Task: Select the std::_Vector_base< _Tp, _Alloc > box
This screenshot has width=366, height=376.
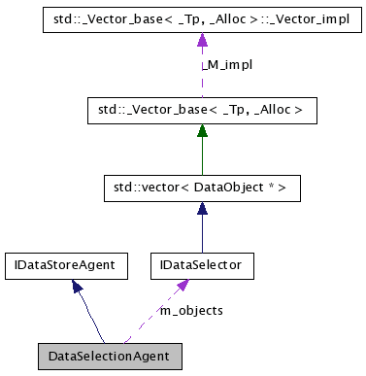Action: point(202,111)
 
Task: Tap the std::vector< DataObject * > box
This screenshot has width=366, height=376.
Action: point(202,187)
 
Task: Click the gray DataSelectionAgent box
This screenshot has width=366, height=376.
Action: point(109,356)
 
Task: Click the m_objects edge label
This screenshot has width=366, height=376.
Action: point(191,310)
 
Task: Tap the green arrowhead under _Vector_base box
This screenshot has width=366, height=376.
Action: point(202,130)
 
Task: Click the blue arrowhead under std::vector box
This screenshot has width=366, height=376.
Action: point(202,206)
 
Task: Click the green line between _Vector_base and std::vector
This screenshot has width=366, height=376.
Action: point(202,155)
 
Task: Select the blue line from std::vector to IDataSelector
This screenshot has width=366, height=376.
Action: point(202,233)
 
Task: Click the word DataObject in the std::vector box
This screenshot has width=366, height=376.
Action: point(222,187)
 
